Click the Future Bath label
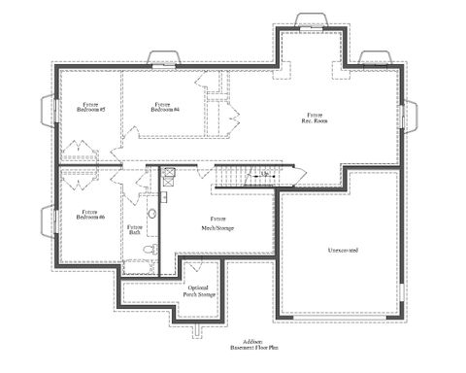tap(135, 229)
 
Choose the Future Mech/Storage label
tap(216, 224)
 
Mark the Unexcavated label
tap(342, 251)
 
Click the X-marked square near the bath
tap(167, 176)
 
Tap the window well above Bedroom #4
tap(161, 56)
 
